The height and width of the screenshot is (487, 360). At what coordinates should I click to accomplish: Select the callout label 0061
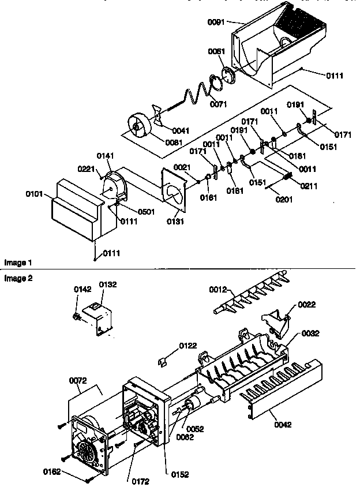click(x=217, y=51)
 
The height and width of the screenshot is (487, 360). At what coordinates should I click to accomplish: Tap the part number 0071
click(x=219, y=104)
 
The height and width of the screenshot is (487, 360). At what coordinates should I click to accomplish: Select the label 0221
click(x=86, y=168)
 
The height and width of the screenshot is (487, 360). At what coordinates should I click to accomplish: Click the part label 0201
click(x=284, y=200)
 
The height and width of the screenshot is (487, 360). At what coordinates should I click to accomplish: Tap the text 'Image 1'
click(x=18, y=263)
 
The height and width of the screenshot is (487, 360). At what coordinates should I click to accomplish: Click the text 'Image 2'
click(x=18, y=278)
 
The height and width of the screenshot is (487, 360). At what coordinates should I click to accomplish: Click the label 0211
click(x=309, y=186)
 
